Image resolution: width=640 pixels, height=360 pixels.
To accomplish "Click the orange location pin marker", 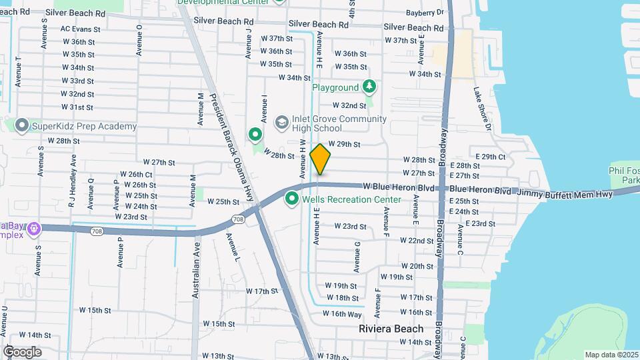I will (x=321, y=159).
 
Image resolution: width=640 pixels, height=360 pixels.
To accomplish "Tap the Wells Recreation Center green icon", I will (x=291, y=199).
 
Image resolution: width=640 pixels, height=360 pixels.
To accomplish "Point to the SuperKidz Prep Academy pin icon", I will (x=21, y=125).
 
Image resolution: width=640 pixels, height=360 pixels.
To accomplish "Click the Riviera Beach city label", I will (x=391, y=329).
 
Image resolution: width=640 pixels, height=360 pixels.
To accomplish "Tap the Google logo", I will (x=22, y=351).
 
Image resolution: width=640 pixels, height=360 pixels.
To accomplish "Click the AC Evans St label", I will (x=80, y=29).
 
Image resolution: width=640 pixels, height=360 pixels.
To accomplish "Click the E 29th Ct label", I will (x=493, y=157).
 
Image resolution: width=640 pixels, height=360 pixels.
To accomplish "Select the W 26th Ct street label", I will (x=140, y=175).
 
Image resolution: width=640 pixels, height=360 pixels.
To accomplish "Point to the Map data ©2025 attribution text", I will (x=612, y=355).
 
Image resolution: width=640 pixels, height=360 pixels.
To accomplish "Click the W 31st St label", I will (x=77, y=107).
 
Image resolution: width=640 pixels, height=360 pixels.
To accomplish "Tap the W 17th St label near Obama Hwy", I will (x=261, y=291).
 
